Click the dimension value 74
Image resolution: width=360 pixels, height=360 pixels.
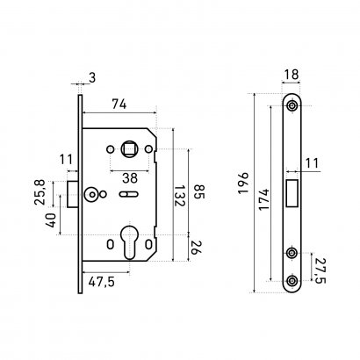pos(119,104)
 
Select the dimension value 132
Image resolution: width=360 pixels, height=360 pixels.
pos(179,195)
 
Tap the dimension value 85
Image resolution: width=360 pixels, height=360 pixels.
pos(199,191)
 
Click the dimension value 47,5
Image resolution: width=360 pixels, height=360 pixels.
pos(101,282)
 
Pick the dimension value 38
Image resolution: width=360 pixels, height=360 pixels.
pos(130,177)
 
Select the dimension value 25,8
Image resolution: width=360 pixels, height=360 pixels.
pos(40,192)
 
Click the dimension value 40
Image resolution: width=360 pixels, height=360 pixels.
pos(50,220)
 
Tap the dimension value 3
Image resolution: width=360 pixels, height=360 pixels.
pos(92,78)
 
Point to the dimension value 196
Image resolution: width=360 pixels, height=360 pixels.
pos(243,184)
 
